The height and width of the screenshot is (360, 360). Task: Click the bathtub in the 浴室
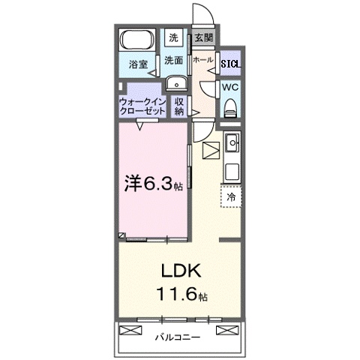[136, 39]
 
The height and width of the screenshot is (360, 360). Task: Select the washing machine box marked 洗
[173, 37]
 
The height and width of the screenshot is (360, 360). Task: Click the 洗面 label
[174, 61]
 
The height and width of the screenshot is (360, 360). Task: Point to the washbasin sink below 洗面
[176, 83]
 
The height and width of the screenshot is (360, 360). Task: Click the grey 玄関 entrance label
[202, 37]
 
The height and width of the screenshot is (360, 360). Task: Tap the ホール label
[202, 59]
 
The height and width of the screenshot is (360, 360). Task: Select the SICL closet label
[230, 64]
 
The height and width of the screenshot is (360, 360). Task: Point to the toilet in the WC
[230, 106]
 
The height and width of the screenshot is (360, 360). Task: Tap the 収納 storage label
[179, 106]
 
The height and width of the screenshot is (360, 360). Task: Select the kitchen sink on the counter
[232, 140]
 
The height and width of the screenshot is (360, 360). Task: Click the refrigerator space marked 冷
[231, 196]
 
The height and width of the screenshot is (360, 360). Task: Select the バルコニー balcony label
[178, 337]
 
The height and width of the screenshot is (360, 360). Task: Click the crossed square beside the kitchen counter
[211, 150]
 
